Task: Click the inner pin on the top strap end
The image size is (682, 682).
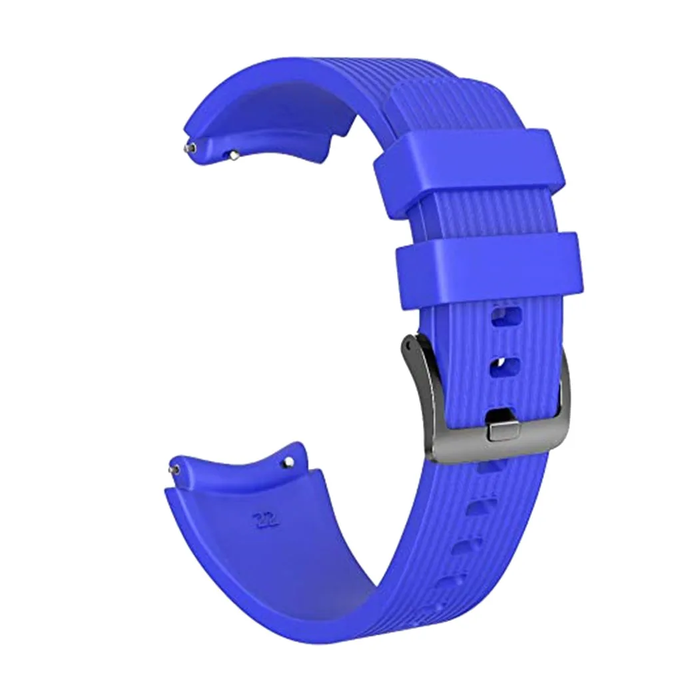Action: [234, 155]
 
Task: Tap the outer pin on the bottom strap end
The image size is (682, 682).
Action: [174, 470]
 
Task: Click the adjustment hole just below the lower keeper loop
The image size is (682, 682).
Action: [506, 316]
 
